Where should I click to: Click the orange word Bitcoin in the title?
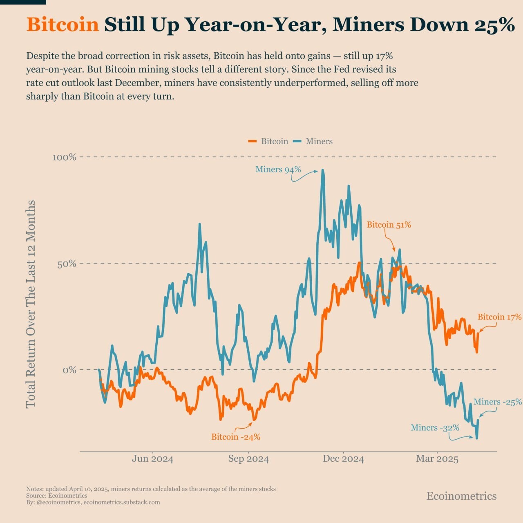(63, 25)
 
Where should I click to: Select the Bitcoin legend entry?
(274, 141)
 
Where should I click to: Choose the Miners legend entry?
(319, 141)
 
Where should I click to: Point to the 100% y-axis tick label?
(64, 157)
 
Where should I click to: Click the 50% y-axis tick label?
(67, 264)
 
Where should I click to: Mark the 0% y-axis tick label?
(69, 370)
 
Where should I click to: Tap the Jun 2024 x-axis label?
(152, 459)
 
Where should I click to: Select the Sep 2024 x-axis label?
(248, 459)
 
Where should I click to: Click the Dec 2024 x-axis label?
(343, 459)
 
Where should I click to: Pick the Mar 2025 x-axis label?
(437, 459)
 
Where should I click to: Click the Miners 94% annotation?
(278, 170)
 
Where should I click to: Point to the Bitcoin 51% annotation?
(389, 225)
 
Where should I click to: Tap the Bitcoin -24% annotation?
(236, 437)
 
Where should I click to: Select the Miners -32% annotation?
(435, 428)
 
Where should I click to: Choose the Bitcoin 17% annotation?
(499, 317)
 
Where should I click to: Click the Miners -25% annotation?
(497, 402)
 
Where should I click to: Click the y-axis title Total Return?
(31, 304)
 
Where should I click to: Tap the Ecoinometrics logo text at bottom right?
(461, 496)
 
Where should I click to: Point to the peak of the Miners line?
(323, 170)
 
